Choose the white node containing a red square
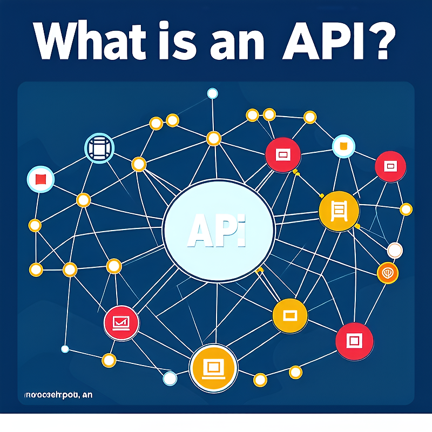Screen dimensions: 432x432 pos(40,179)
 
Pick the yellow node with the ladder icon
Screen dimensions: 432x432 pos(339,211)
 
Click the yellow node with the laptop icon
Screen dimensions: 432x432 pos(214,368)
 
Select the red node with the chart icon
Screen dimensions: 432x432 pos(121,322)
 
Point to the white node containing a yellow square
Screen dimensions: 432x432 pos(343,146)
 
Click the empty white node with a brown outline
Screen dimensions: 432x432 pos(395,250)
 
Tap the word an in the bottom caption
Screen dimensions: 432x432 pos(86,396)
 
